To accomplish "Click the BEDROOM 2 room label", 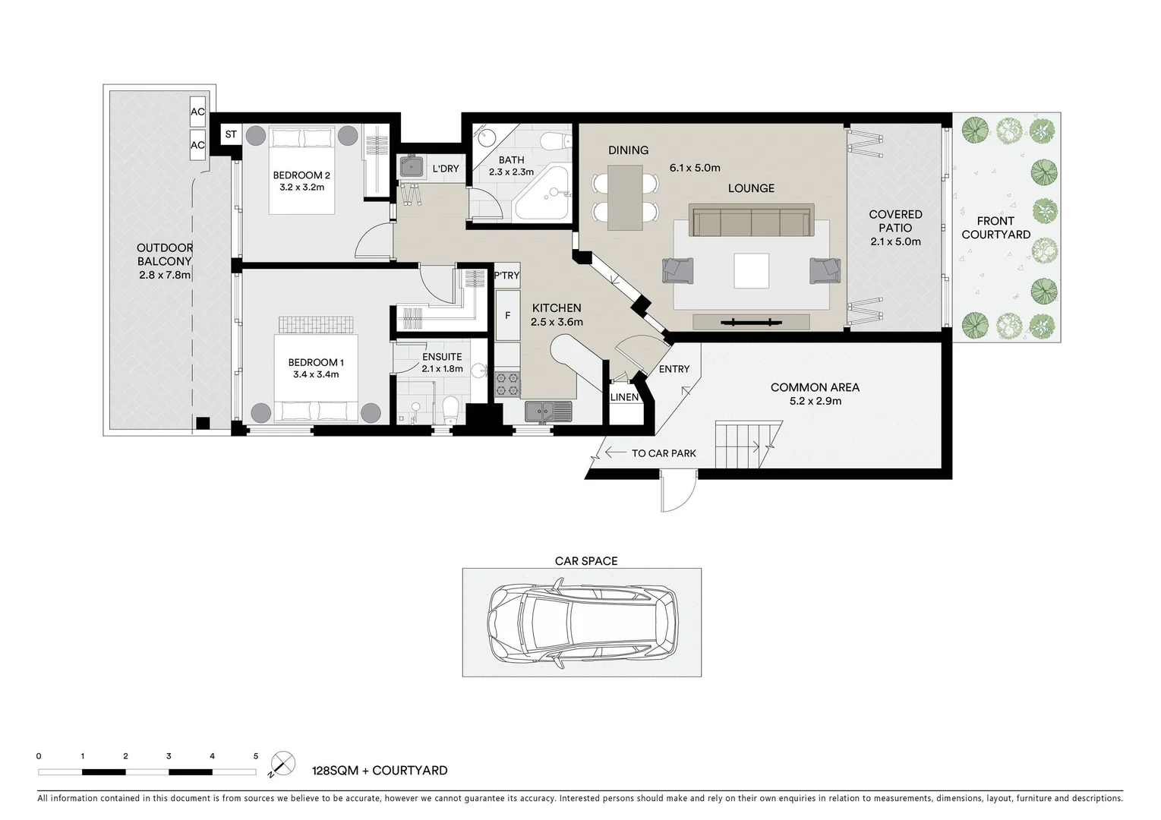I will coord(301,175).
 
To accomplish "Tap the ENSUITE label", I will coord(442,357).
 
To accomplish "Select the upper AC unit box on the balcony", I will coord(197,112).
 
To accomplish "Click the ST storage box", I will coord(231,134).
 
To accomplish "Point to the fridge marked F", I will coord(507,315).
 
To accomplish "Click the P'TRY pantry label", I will coord(506,276).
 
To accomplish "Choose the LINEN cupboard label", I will coord(625,397).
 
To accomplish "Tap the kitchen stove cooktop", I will coord(507,385).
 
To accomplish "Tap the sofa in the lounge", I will coord(751,221).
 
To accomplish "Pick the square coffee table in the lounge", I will coord(751,270).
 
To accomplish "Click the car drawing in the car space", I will coord(582,623).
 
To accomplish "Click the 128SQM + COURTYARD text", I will coord(380,771).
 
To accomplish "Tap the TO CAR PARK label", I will coord(663,453).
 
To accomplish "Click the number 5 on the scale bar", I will coord(256,756).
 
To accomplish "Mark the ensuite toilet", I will coord(450,410).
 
